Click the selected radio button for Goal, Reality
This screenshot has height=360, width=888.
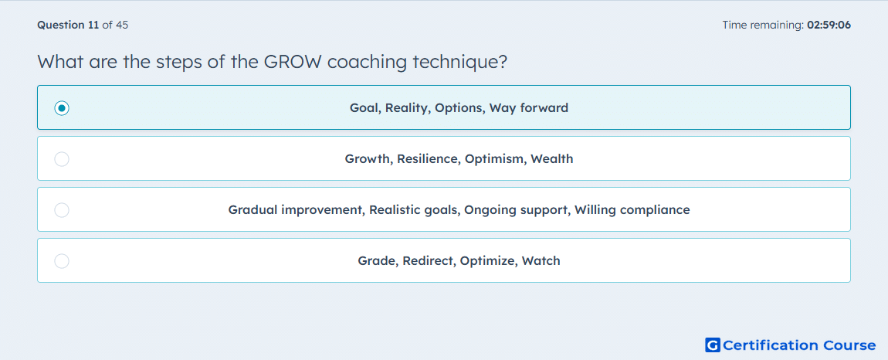tap(62, 107)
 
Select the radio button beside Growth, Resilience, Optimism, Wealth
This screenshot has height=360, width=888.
tap(62, 159)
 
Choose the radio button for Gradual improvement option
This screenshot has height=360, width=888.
tap(62, 210)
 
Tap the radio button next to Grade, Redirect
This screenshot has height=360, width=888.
tap(62, 261)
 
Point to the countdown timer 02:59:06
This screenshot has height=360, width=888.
tap(829, 25)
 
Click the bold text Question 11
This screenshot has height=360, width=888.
tap(68, 25)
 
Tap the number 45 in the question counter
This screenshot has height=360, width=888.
tap(122, 25)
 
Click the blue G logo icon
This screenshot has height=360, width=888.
tap(713, 345)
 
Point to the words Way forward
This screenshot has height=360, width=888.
tap(528, 107)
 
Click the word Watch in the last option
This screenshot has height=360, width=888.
tap(541, 261)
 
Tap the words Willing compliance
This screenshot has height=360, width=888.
tap(632, 210)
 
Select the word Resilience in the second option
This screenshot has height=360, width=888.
tap(429, 159)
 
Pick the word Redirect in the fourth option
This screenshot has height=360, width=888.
tap(429, 261)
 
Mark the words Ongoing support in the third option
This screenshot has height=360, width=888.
tap(517, 210)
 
